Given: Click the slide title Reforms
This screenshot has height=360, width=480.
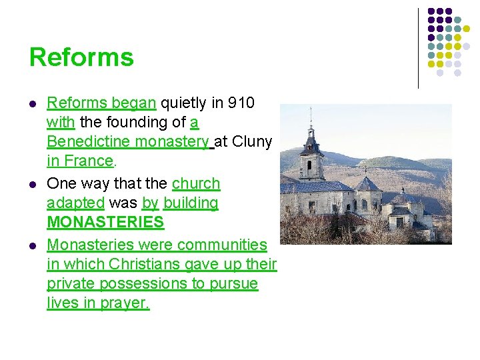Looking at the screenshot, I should (81, 57).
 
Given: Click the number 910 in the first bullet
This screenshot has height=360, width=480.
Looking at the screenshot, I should (241, 103).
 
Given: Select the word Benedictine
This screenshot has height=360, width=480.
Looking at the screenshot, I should (89, 141).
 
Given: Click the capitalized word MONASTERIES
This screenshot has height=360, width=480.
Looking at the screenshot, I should (105, 222).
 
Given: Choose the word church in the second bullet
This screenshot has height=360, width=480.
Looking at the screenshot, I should (196, 183).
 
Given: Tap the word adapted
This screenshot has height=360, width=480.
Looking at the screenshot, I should (75, 203).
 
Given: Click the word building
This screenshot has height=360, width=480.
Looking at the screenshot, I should (191, 203).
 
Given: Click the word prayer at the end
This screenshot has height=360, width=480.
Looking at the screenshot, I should (127, 303).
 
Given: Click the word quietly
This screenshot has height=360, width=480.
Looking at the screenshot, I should (185, 103).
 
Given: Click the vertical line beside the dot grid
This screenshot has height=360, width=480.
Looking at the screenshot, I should (418, 48).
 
